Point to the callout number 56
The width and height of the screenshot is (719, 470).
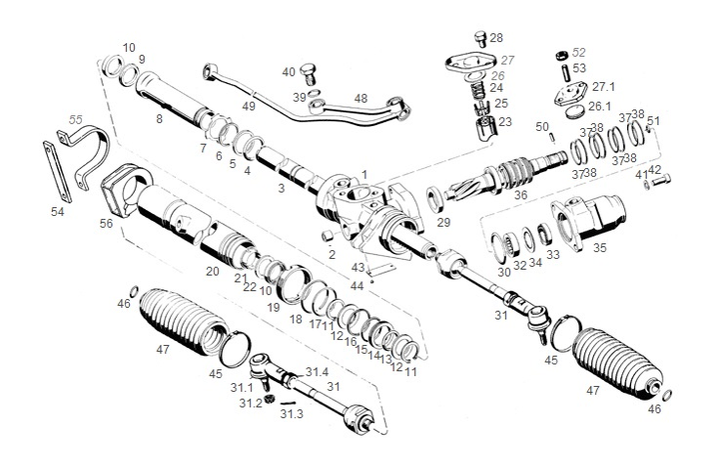(105, 225)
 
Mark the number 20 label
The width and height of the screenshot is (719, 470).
(212, 271)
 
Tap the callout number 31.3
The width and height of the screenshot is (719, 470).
(291, 413)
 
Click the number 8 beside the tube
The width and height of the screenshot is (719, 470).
(158, 119)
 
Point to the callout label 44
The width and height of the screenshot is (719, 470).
(357, 286)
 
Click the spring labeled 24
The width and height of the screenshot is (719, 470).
(478, 89)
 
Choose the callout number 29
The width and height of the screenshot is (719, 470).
(443, 221)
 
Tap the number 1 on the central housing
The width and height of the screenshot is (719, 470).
(364, 174)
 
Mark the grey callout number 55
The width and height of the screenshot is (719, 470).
(75, 119)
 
